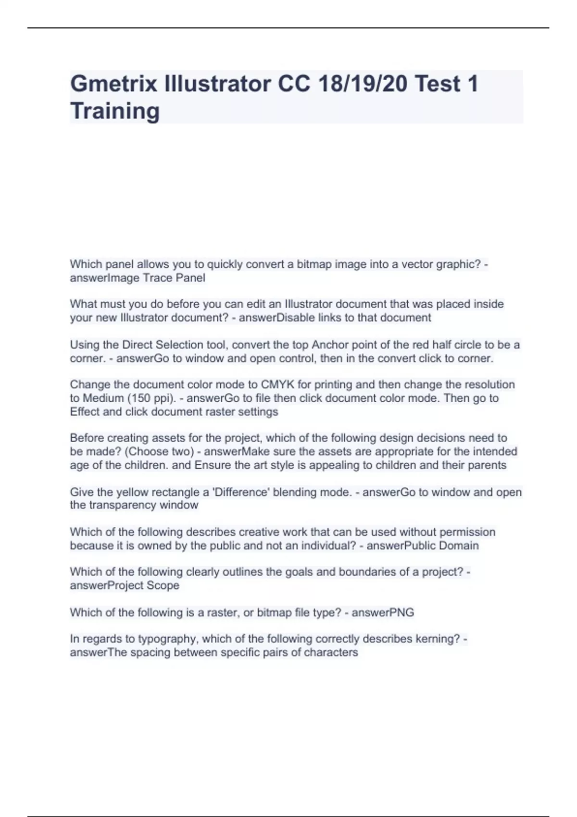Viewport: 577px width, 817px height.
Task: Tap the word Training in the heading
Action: coord(114,111)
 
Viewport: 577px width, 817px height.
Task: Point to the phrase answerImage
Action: coord(100,278)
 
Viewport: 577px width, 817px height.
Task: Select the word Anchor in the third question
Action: coord(330,345)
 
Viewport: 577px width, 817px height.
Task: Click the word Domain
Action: coord(459,545)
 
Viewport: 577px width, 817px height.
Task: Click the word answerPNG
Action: coord(383,612)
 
